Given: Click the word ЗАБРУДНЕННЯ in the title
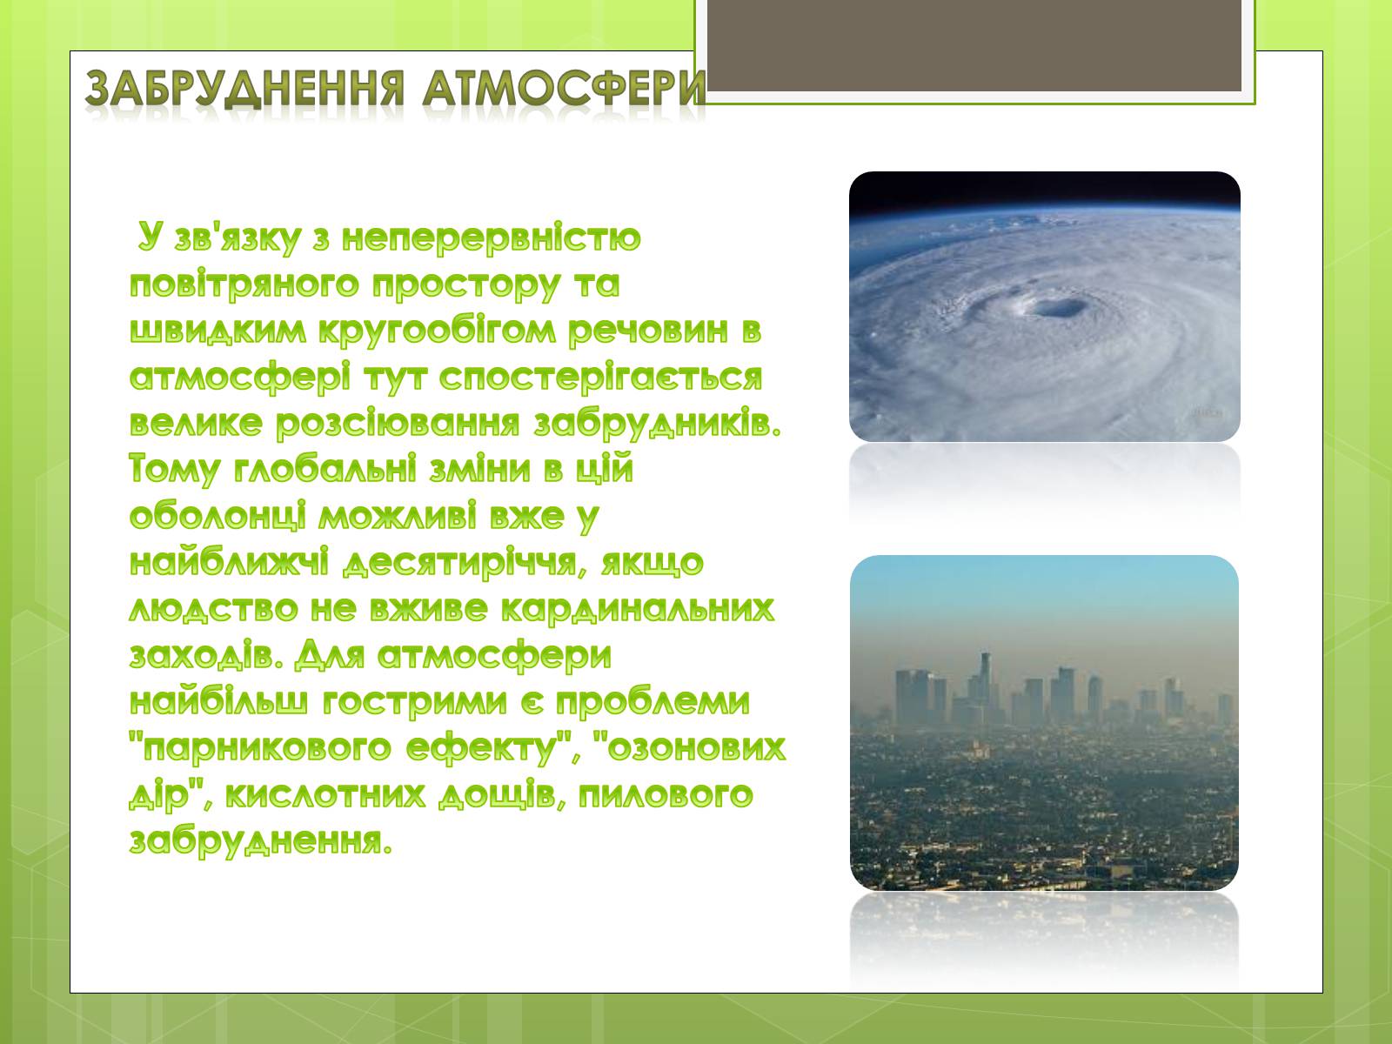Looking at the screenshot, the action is (244, 89).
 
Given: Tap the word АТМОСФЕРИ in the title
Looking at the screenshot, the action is (563, 88).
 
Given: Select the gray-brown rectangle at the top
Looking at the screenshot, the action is (974, 45).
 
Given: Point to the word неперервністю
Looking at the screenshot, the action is (492, 238).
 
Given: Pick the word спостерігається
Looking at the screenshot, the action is (600, 378).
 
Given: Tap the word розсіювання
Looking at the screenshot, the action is (398, 424).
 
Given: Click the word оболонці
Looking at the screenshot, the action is (218, 518).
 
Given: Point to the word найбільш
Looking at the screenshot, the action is (218, 702).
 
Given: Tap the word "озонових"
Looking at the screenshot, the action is (690, 748).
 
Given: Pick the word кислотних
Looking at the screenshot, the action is (325, 795).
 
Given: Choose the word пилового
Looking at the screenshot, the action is (666, 796).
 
